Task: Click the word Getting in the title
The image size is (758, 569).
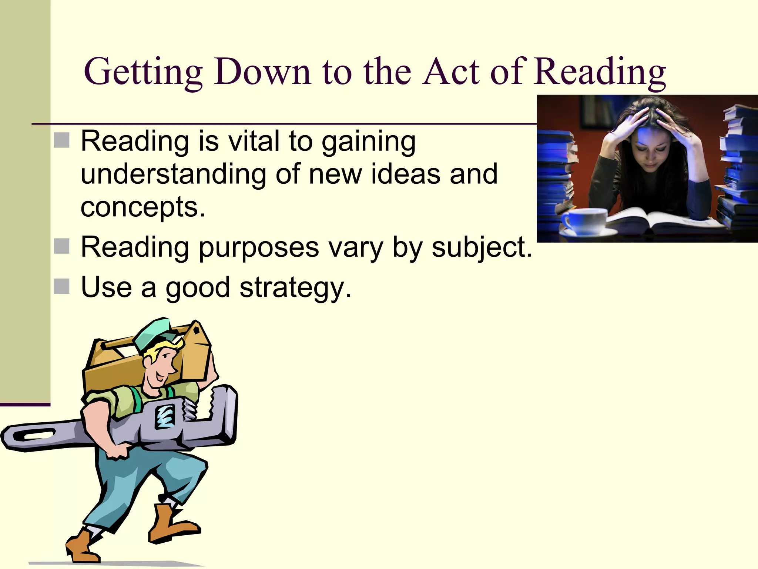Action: [143, 72]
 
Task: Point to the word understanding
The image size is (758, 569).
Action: [173, 174]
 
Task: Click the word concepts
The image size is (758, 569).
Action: [142, 207]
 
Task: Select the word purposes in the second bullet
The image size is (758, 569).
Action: [259, 247]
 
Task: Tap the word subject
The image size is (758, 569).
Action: [481, 247]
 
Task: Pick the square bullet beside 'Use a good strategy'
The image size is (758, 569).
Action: [62, 286]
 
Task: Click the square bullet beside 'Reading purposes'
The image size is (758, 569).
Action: [62, 246]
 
